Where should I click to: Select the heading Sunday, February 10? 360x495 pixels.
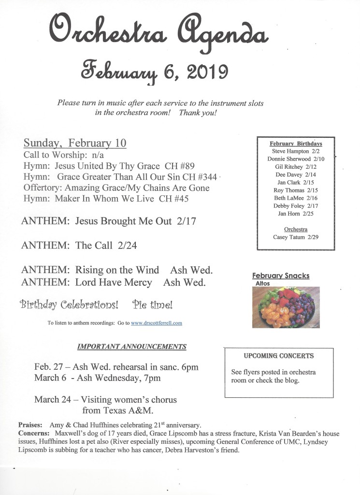(75, 143)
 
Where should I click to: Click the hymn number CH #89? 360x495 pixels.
(179, 166)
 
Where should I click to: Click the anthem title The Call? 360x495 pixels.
(94, 245)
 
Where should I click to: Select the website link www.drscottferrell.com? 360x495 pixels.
(156, 323)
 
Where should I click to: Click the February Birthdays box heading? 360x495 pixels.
(296, 144)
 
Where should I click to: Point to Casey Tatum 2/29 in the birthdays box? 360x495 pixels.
(296, 237)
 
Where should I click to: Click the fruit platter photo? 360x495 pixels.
(286, 307)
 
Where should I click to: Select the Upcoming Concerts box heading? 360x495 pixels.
(279, 356)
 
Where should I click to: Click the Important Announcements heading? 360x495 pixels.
(132, 347)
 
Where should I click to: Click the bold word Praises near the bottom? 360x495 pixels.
(30, 424)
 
